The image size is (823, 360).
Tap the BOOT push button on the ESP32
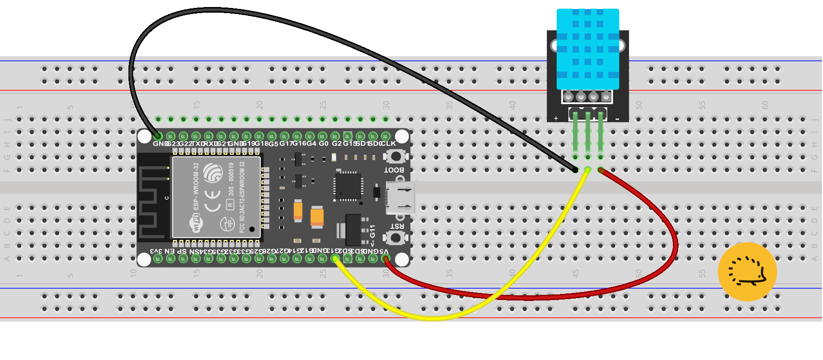click(x=396, y=156)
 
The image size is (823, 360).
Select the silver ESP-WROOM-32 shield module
click(x=216, y=197)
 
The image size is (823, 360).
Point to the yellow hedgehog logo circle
click(x=747, y=272)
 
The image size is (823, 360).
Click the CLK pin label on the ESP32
click(x=389, y=143)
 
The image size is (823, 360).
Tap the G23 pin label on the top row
click(x=172, y=143)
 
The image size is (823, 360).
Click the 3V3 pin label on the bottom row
click(x=156, y=251)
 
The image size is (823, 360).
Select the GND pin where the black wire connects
click(x=158, y=136)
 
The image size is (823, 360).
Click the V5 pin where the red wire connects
click(x=385, y=258)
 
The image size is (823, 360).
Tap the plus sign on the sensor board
click(x=556, y=119)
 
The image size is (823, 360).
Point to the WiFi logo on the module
click(x=196, y=222)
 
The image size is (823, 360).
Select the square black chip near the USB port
click(x=347, y=186)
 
